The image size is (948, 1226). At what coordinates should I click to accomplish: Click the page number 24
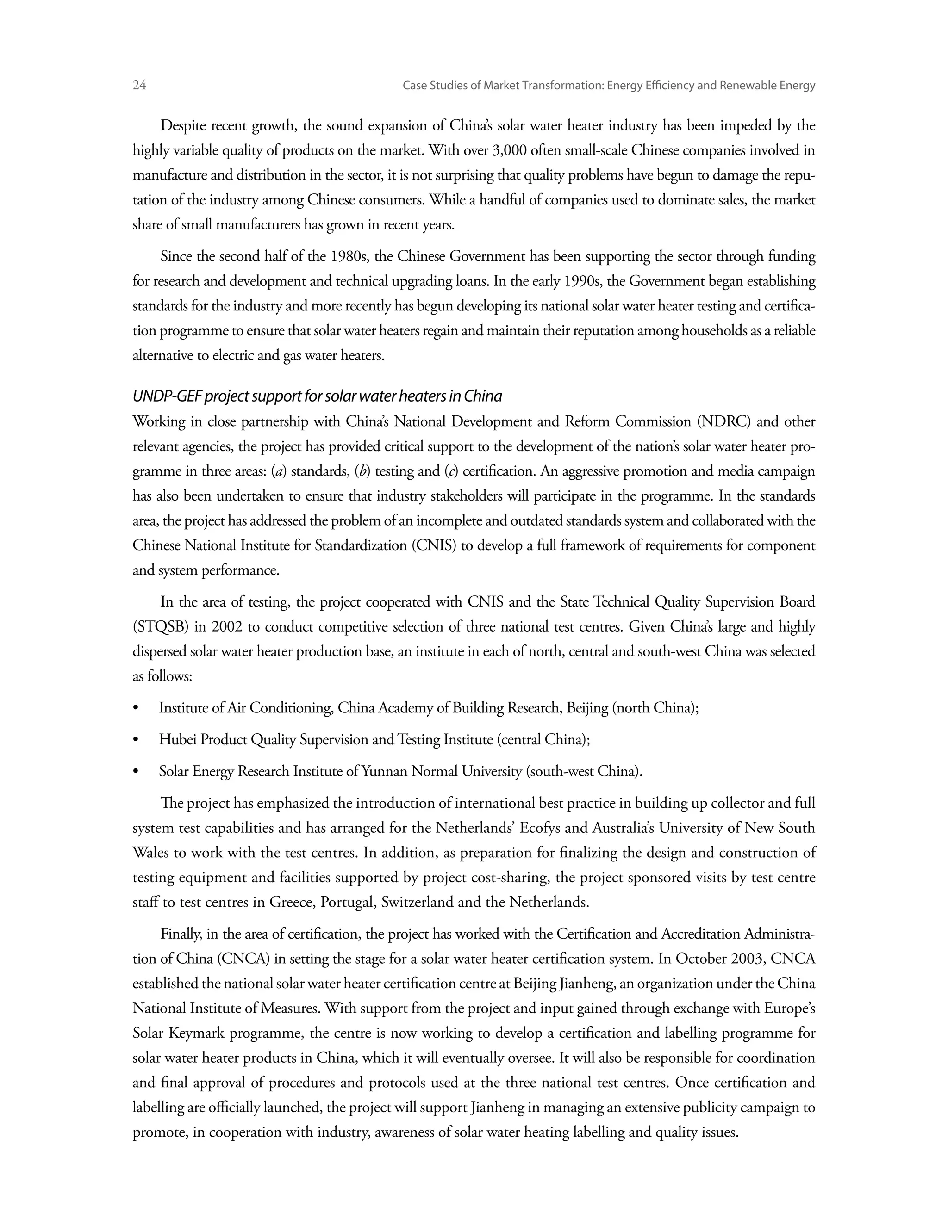[x=139, y=85]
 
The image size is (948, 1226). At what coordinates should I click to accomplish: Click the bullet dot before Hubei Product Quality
[x=135, y=740]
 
